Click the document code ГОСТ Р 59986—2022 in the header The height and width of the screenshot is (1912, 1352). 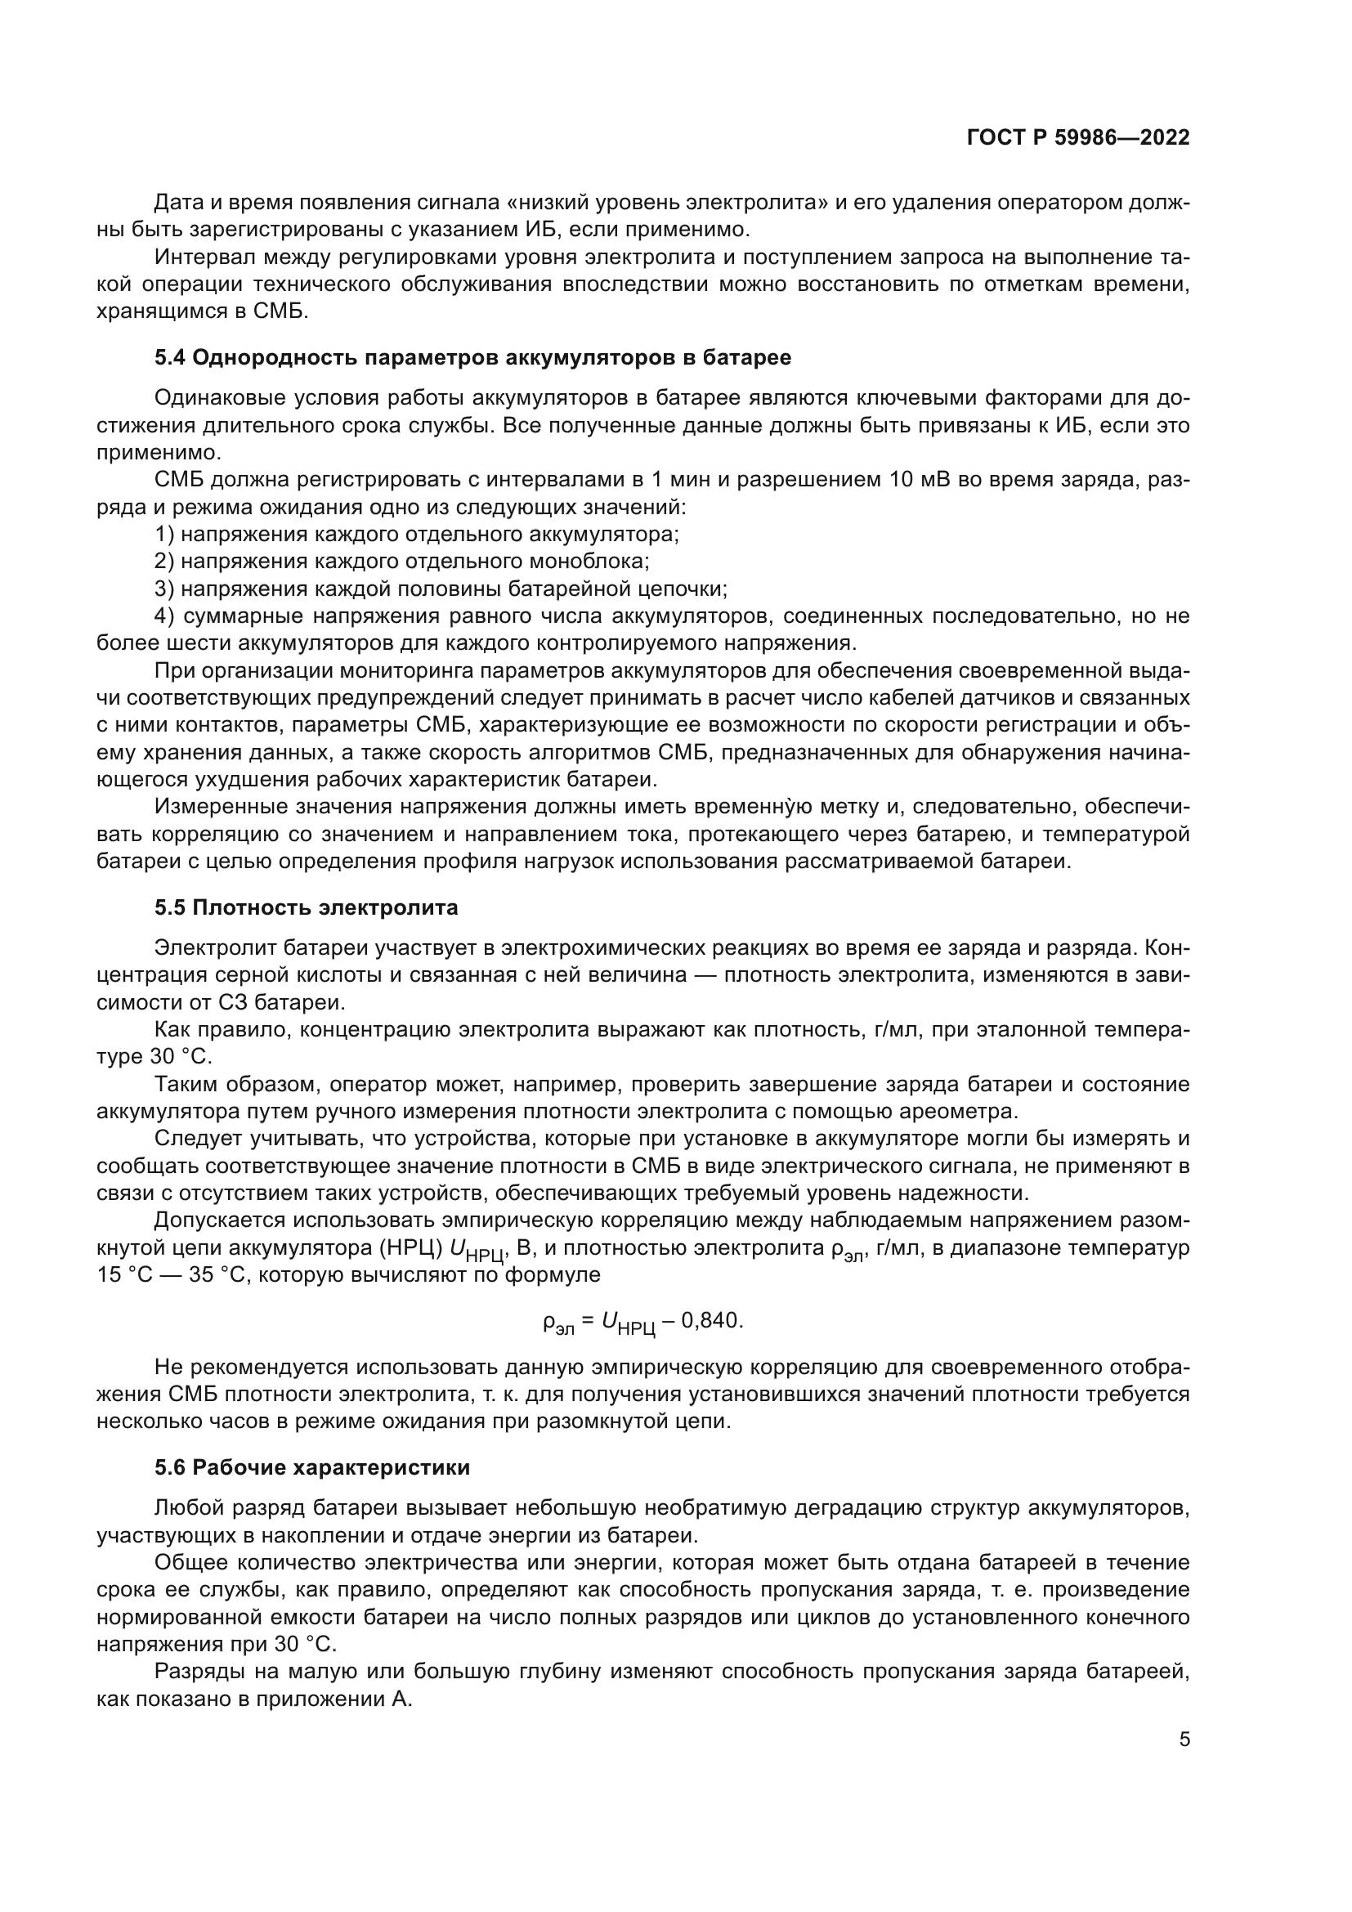1078,138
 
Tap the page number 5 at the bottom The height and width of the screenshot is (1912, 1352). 1184,1739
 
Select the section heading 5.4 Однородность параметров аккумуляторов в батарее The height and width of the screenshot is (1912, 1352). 472,358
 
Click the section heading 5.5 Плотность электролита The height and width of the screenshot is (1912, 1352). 306,907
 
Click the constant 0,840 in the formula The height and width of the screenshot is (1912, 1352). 710,1321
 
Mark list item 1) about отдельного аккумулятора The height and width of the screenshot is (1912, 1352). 416,534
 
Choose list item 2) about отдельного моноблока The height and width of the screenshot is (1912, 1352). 401,562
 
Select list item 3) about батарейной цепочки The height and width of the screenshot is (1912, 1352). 441,589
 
